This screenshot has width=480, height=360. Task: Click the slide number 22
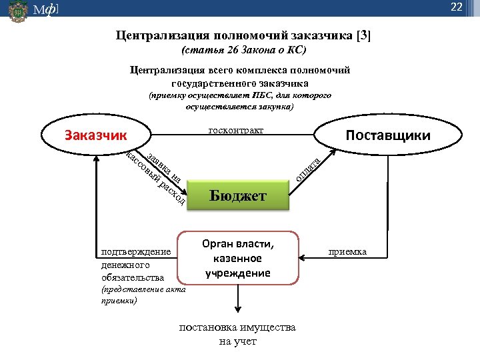pos(457,7)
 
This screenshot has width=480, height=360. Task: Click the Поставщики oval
pos(387,135)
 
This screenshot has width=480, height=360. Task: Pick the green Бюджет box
pos(238,196)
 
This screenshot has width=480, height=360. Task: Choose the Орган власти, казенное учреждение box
pos(237,258)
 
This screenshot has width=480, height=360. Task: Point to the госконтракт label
pos(236,129)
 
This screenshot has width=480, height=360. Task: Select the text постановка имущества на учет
pos(237,335)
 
